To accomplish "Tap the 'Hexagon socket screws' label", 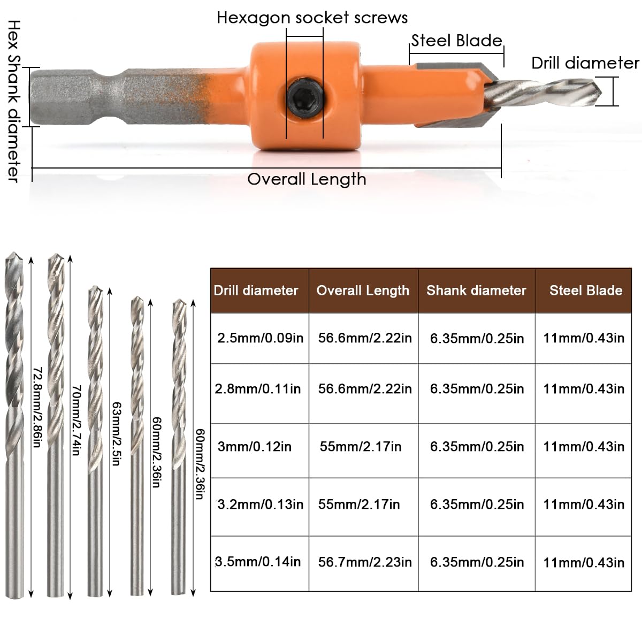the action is [312, 18].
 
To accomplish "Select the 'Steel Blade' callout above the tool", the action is [456, 41].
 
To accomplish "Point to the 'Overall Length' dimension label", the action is [307, 179].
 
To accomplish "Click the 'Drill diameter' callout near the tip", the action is [585, 63].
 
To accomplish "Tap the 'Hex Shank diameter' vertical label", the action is [14, 101].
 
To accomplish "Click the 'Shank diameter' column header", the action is [477, 291].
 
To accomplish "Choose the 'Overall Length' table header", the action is [363, 291].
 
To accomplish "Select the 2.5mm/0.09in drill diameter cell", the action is [260, 338].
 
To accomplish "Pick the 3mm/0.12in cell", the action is [255, 446].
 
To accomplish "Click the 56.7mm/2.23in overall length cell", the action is [365, 562].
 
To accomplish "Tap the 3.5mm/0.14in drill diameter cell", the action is [258, 562].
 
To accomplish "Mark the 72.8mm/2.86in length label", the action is [37, 407].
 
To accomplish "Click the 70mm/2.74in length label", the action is [77, 420].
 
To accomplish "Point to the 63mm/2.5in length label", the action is [116, 433].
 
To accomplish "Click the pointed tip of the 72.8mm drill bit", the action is [13, 253].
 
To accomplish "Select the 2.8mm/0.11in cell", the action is [257, 389].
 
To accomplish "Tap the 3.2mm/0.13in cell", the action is [260, 505].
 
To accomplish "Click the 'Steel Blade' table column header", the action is [586, 291].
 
